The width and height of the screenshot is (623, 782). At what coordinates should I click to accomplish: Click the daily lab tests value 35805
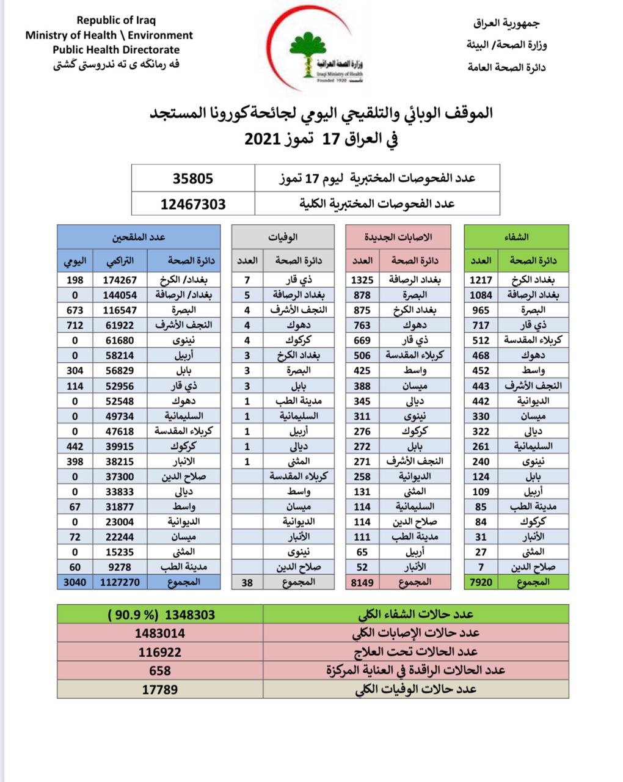tap(192, 178)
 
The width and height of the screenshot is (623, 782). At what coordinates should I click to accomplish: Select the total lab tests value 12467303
tap(193, 204)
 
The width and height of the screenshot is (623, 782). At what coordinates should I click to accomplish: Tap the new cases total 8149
tap(362, 582)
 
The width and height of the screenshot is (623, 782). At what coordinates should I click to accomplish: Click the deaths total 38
tap(247, 582)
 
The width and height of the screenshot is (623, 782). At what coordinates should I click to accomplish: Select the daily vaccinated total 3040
tap(75, 582)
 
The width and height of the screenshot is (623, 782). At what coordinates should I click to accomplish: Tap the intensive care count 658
tap(159, 671)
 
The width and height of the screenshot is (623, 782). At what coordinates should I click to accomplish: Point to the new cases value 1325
tap(362, 280)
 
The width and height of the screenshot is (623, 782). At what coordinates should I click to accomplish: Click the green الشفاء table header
tap(517, 236)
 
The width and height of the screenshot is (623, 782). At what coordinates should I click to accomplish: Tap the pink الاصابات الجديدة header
tap(398, 236)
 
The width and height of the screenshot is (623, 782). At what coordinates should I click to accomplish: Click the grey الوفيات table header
tap(283, 236)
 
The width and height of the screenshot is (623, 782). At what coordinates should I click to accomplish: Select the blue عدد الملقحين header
tap(139, 236)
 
